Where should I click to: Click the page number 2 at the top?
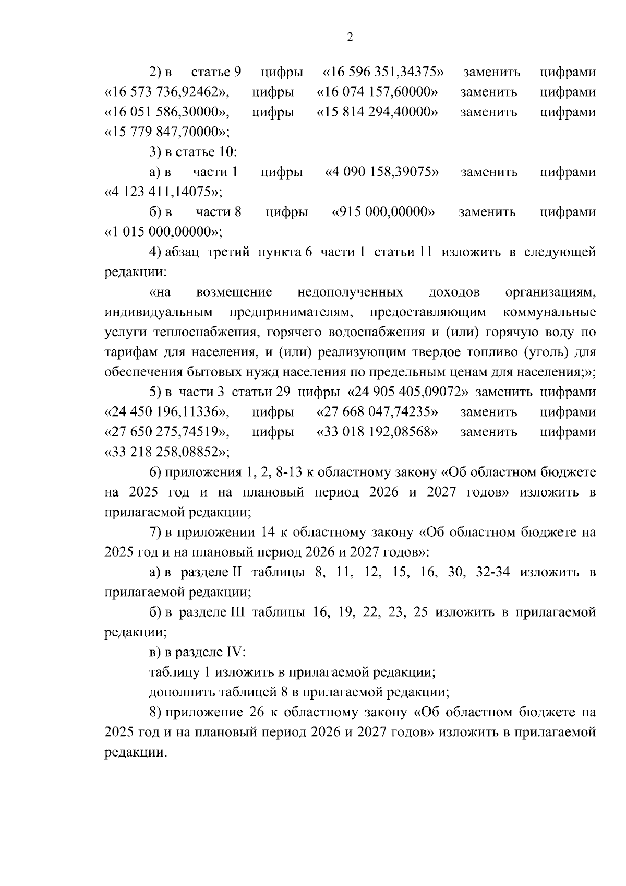coord(350,37)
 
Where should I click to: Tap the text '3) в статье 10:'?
coord(193,152)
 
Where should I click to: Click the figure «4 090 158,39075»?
coord(382,172)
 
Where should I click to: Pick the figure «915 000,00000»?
coord(384,212)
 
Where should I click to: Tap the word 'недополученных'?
coord(350,292)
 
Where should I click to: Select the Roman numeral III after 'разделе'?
coord(237,612)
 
